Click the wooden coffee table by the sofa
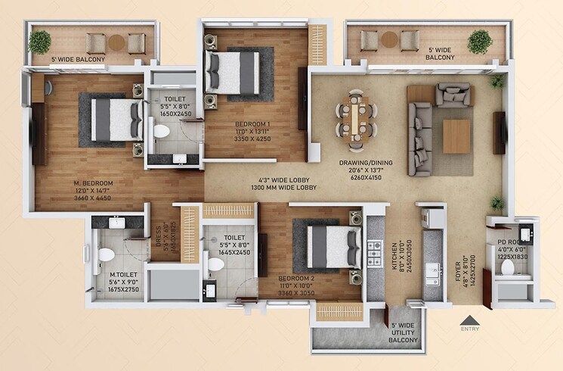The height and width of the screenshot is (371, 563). click(456, 136)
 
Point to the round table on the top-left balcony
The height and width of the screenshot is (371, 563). click(116, 42)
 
